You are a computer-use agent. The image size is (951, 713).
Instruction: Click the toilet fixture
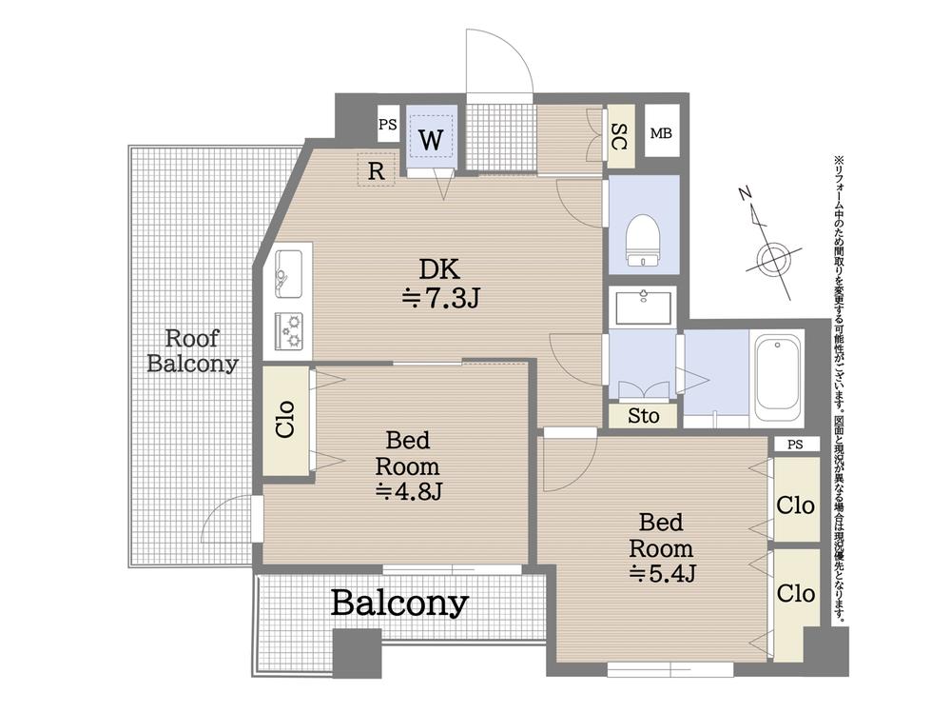click(643, 241)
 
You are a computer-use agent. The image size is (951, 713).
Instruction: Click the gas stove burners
click(289, 330)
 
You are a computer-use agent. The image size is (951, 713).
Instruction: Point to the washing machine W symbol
click(431, 140)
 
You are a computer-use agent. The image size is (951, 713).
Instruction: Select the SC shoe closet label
click(620, 137)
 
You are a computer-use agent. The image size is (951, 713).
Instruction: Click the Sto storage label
click(643, 416)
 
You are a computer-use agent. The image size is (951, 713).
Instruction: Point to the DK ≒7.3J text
click(440, 283)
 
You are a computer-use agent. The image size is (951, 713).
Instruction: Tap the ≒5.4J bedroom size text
click(662, 573)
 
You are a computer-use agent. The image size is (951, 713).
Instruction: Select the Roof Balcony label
click(193, 350)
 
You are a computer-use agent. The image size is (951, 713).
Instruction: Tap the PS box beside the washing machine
click(388, 125)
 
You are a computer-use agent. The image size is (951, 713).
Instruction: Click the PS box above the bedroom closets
click(795, 444)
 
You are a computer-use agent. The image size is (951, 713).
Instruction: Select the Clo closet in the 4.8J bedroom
click(285, 420)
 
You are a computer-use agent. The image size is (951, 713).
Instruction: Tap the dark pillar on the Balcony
click(358, 653)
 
